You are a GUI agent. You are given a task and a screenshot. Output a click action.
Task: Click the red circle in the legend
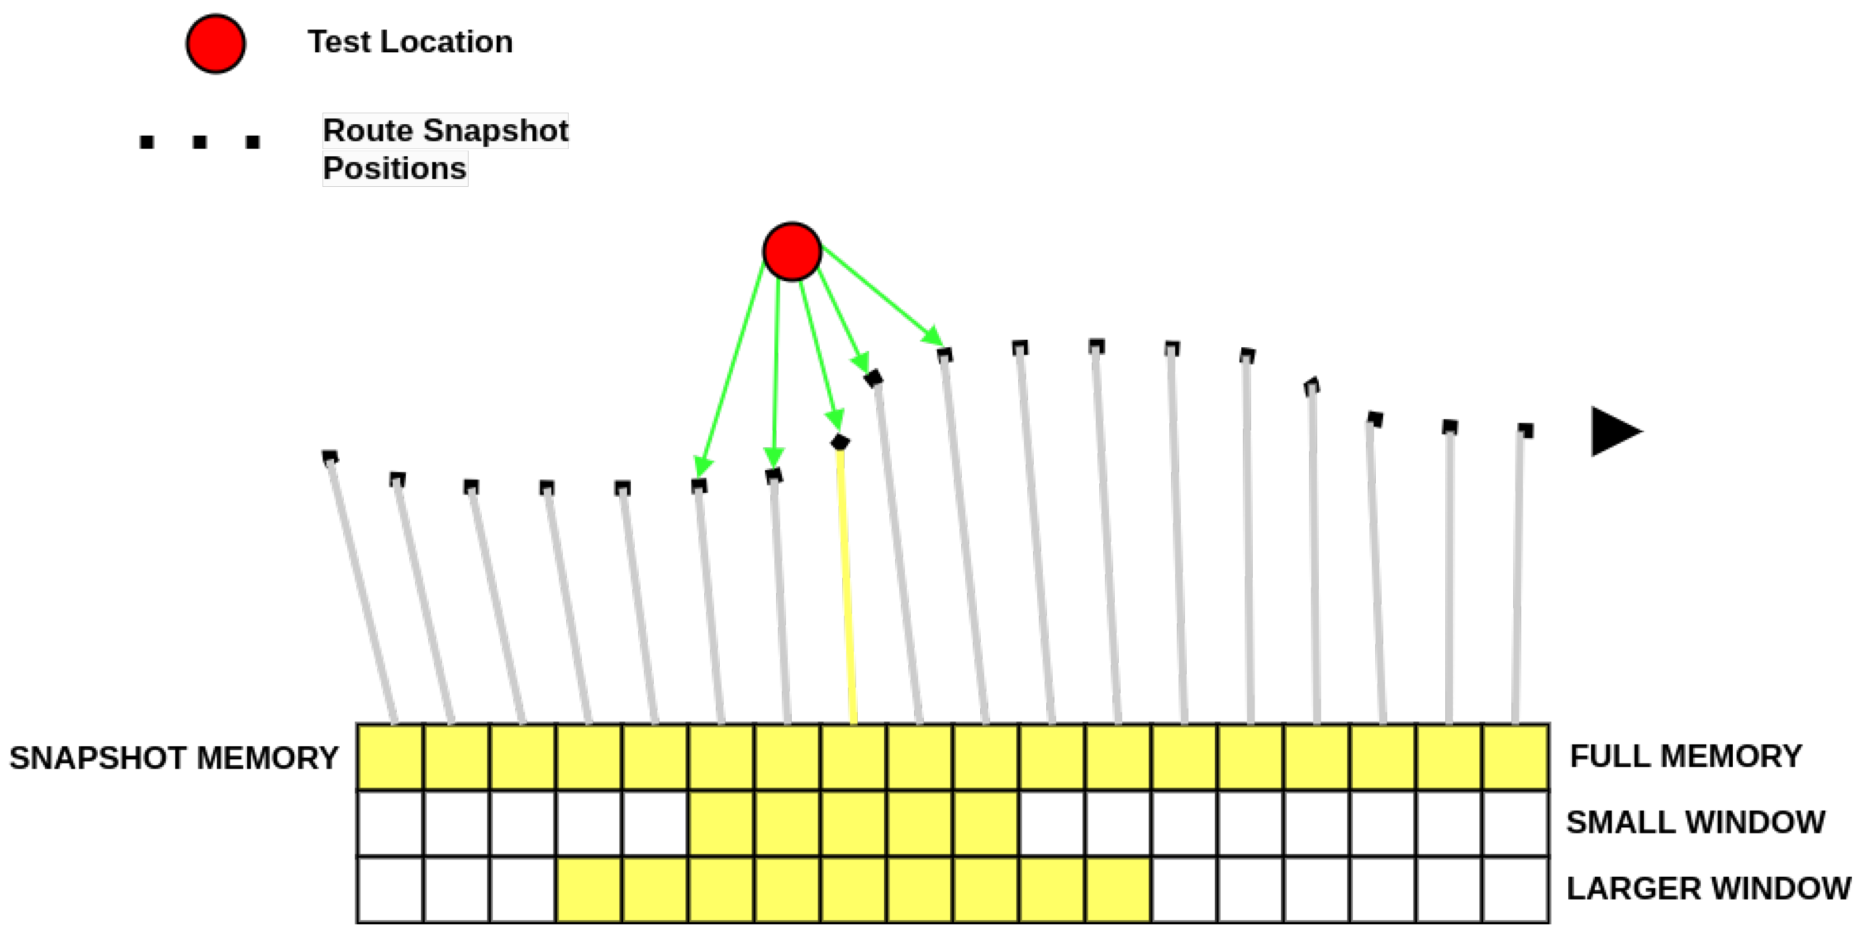point(215,43)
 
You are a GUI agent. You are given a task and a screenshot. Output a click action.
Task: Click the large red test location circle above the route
point(792,251)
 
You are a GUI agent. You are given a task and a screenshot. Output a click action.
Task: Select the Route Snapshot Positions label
point(444,149)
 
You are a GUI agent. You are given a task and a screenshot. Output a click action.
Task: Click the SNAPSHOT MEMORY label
point(174,758)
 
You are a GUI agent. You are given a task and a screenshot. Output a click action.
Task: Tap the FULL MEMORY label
point(1686,756)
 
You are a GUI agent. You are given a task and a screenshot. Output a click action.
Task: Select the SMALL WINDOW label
point(1695,822)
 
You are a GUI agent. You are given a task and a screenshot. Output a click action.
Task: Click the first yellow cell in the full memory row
point(390,757)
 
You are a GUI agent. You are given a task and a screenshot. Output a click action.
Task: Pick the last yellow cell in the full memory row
point(1515,757)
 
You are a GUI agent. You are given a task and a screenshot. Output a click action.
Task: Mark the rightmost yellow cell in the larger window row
point(1118,890)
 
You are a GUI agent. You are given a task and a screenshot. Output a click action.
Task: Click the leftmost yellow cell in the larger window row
point(589,890)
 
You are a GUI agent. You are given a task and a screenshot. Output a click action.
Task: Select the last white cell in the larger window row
point(1515,890)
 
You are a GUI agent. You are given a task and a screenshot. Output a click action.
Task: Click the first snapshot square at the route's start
point(329,456)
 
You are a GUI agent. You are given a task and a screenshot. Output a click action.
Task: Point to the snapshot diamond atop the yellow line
point(839,441)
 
